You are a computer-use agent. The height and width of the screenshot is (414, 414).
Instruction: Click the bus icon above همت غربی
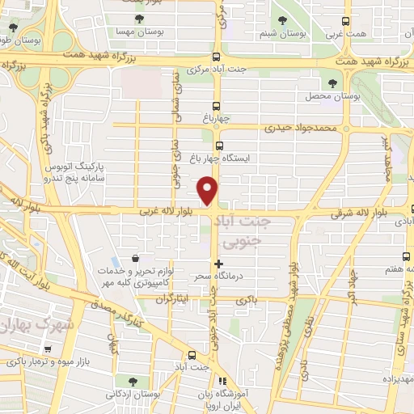click(346, 22)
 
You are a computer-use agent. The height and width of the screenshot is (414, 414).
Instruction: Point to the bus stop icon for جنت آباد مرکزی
click(216, 57)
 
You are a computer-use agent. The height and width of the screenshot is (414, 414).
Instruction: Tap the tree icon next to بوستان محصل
click(333, 82)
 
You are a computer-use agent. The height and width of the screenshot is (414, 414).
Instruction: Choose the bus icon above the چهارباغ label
click(216, 106)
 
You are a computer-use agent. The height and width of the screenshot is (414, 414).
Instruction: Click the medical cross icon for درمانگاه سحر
click(218, 264)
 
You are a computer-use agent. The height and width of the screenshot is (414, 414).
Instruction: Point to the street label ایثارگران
click(171, 298)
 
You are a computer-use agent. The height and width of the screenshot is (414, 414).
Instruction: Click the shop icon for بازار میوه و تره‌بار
click(49, 350)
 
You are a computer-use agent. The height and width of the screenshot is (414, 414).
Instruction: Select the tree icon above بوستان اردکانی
click(130, 378)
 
